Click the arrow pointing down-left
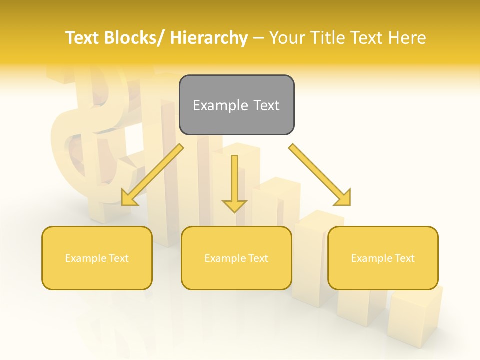pyautogui.click(x=152, y=175)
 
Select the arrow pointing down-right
pyautogui.click(x=320, y=175)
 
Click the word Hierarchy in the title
pyautogui.click(x=209, y=38)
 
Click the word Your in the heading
pyautogui.click(x=287, y=38)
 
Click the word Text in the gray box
pyautogui.click(x=266, y=105)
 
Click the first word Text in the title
pyautogui.click(x=83, y=38)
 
